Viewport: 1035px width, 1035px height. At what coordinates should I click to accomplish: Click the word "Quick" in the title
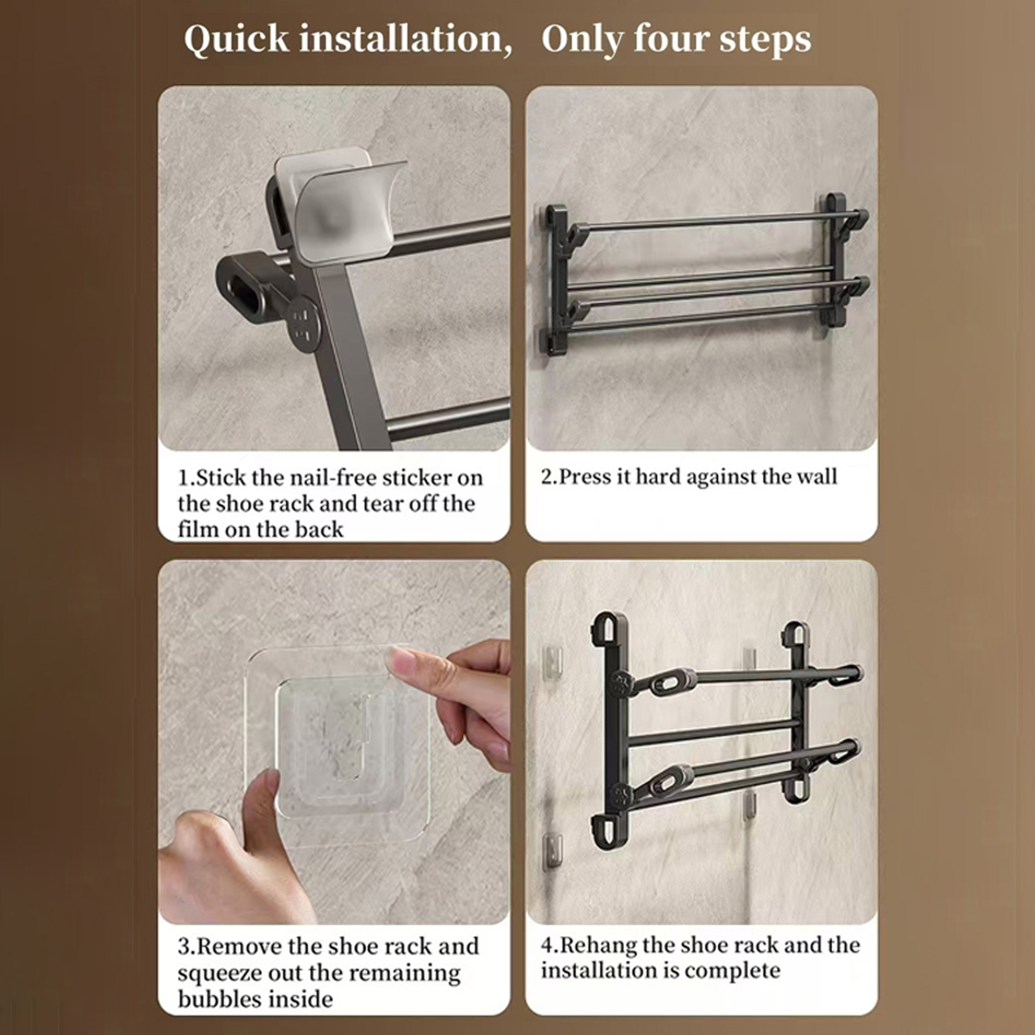(x=236, y=40)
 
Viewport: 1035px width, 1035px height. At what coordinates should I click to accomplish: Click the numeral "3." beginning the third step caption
(x=186, y=947)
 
